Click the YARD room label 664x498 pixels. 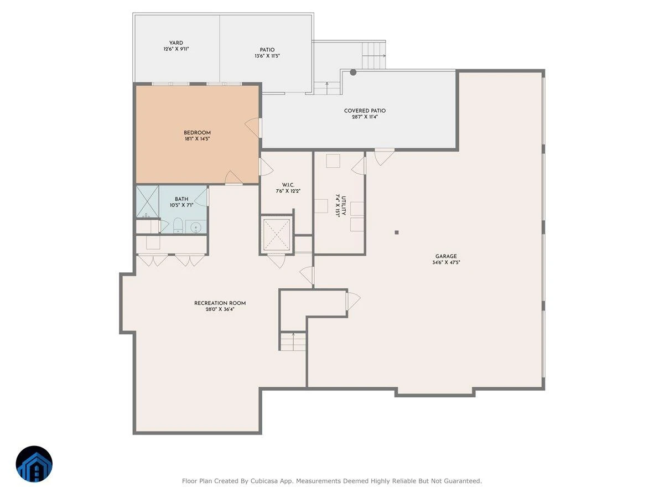(x=176, y=43)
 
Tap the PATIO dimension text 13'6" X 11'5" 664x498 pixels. (x=267, y=56)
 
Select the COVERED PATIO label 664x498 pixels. (x=365, y=111)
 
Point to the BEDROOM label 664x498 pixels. (x=197, y=133)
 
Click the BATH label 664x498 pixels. (x=181, y=199)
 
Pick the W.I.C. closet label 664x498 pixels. (x=288, y=185)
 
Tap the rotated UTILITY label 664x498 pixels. (x=344, y=206)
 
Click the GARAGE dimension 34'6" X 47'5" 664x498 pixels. (x=446, y=262)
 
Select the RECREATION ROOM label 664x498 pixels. (x=220, y=303)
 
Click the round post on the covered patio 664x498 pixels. (x=352, y=72)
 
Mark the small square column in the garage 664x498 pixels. (x=396, y=232)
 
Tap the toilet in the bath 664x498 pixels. (x=178, y=225)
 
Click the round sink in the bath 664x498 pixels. (x=196, y=227)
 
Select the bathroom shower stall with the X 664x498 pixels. (x=147, y=201)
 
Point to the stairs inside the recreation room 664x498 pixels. (x=293, y=341)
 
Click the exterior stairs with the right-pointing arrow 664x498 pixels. (x=374, y=55)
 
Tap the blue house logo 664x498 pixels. (x=34, y=464)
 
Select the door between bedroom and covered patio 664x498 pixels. (x=253, y=127)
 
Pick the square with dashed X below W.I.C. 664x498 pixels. (x=277, y=235)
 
